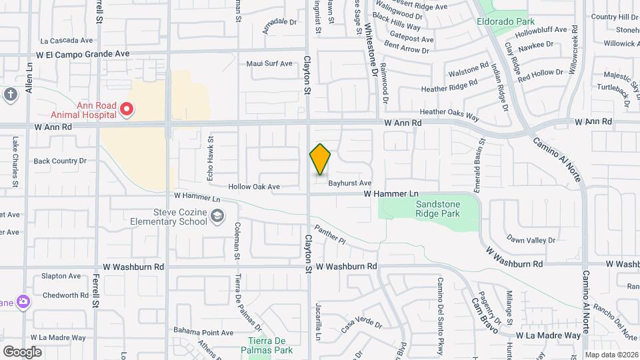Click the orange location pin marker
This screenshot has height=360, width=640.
pos(321,159)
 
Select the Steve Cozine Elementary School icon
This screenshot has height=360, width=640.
pos(217,215)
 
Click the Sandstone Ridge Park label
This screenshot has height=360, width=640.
pos(438,209)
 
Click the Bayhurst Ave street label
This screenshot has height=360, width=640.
pos(349,183)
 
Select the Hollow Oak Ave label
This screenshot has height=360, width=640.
pos(254,187)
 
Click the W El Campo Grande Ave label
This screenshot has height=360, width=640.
pos(83,53)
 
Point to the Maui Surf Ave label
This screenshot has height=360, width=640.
pos(269,64)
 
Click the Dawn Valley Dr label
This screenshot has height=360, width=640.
pos(531,239)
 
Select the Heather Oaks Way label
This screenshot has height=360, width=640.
pos(449,115)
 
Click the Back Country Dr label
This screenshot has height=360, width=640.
pos(60,161)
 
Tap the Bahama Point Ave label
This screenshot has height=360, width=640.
pos(203,332)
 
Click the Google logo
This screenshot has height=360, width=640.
pos(22,352)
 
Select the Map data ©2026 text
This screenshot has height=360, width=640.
pos(611,355)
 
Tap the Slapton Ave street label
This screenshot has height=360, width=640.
pos(61,276)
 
